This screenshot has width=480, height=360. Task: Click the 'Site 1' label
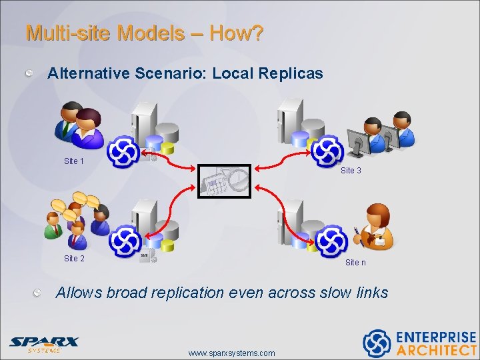coord(73,161)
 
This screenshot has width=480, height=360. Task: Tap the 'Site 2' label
coord(74,258)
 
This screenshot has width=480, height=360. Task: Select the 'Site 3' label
coord(351,171)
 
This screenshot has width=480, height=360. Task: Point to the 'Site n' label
coord(355,263)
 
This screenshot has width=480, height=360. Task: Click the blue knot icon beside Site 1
coord(124,152)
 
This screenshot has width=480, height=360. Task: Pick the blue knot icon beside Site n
coord(331,240)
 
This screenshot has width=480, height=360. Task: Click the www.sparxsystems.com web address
coord(231,353)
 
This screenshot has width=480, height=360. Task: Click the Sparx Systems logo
coord(43,343)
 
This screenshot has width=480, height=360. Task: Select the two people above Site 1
coord(79,125)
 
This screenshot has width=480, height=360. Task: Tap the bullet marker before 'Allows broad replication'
coord(41,292)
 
